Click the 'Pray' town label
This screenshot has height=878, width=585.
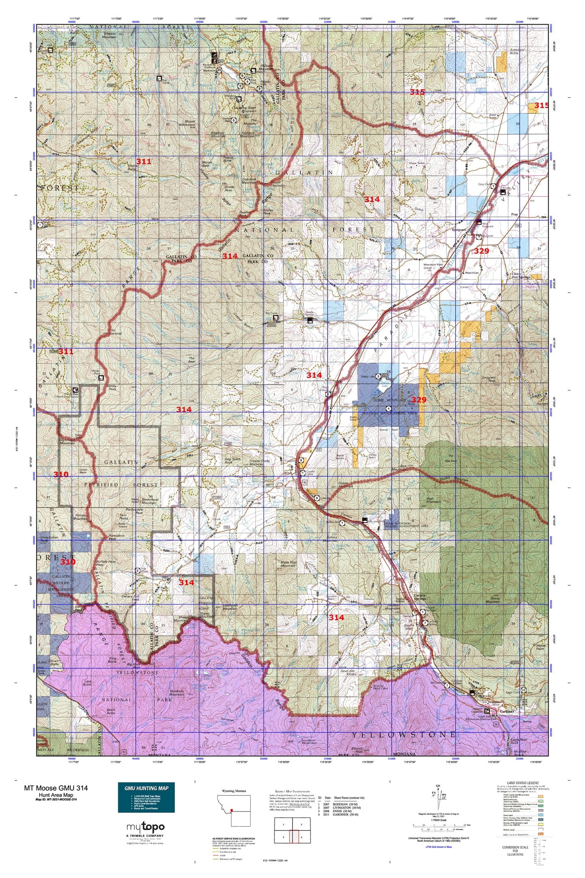[x=514, y=214]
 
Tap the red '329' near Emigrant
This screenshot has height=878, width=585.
[x=481, y=251]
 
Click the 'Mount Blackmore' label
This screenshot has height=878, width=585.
[x=190, y=123]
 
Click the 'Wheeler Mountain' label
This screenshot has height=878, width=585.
[x=104, y=35]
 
